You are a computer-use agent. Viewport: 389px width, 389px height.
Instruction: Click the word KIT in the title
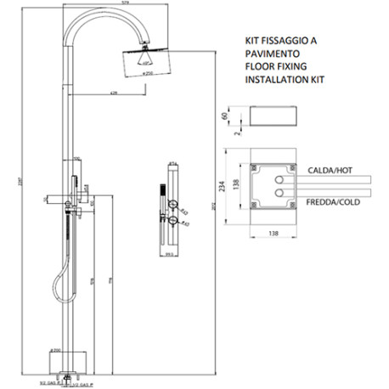point(251,39)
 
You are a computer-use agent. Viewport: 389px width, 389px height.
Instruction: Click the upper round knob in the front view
point(172,206)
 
